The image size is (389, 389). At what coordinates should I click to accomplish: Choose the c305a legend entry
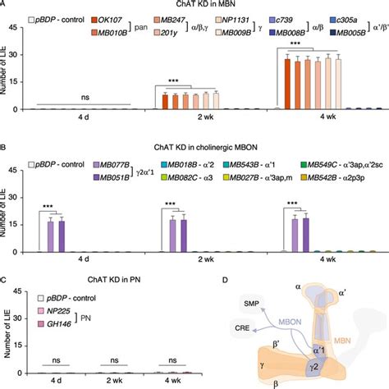click(355, 17)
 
